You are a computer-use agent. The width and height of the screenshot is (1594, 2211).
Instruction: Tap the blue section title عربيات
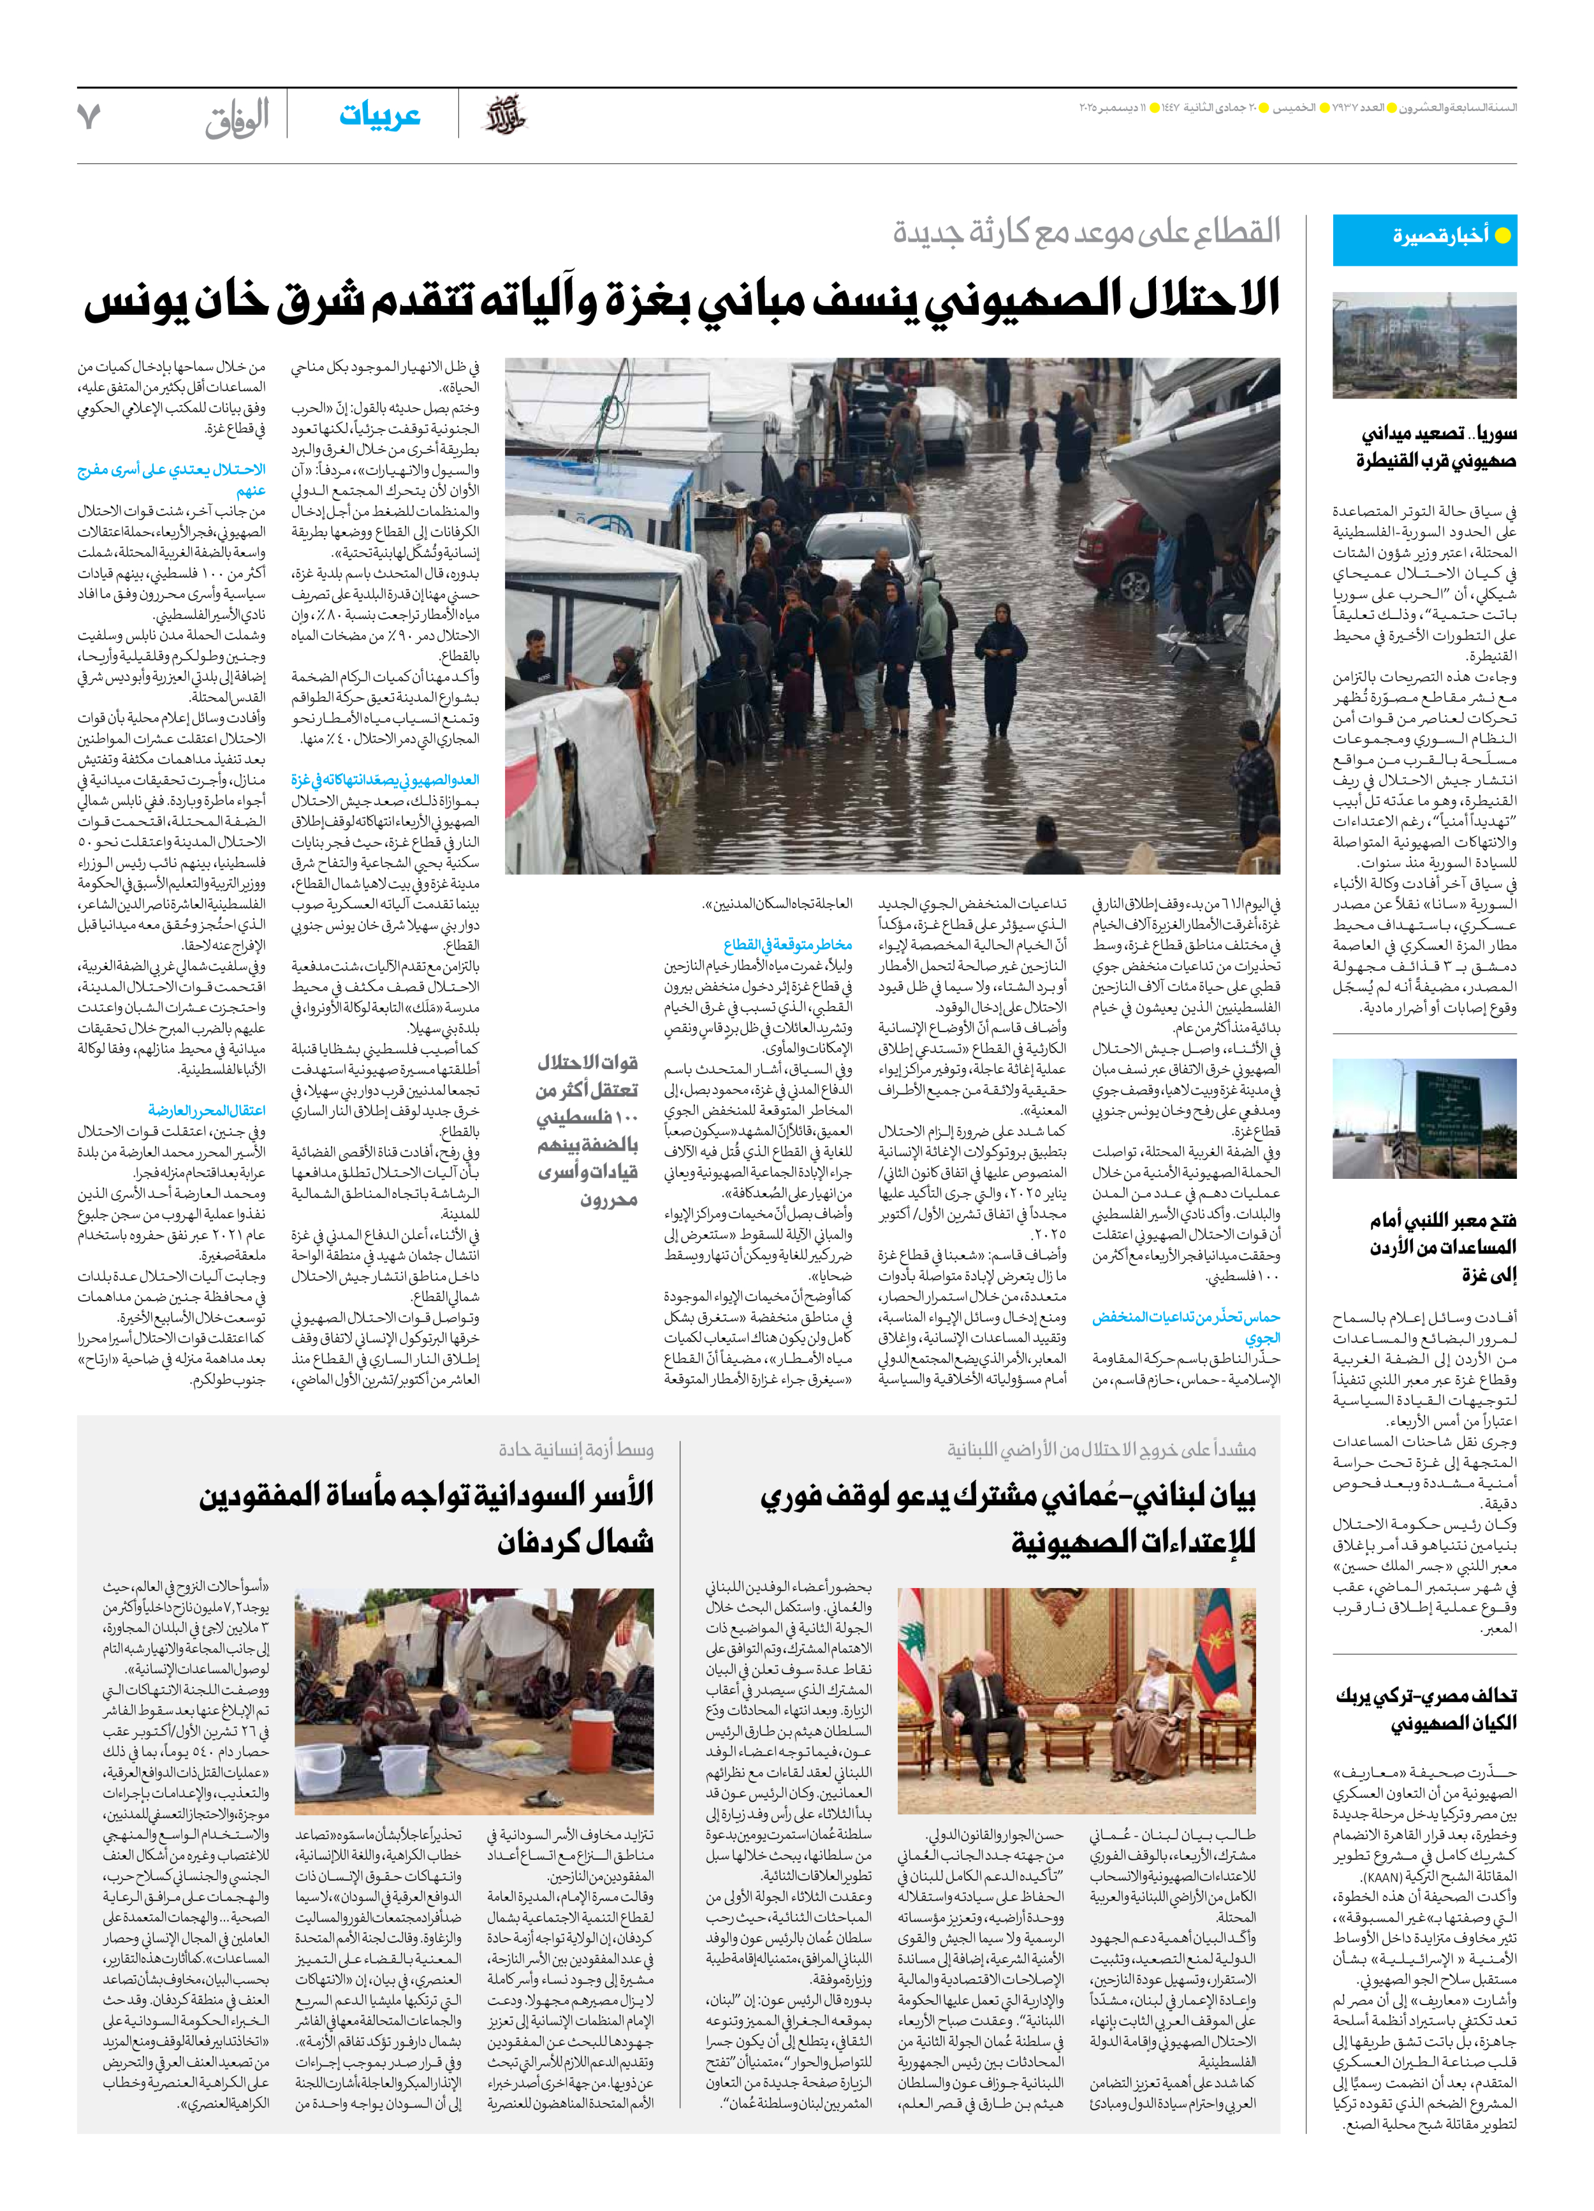coord(379,115)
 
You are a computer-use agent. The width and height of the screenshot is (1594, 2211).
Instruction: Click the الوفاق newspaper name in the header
coord(237,120)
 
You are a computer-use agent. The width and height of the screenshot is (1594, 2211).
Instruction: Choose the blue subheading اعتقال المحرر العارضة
coord(207,1111)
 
